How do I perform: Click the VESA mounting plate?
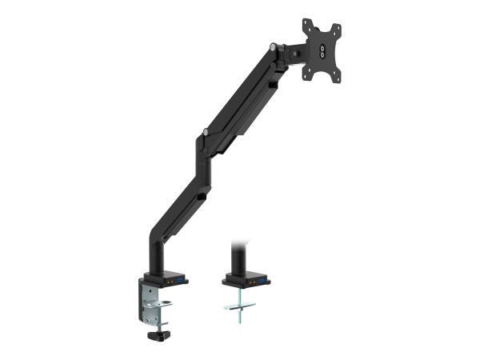(322, 50)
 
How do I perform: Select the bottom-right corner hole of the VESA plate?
(336, 77)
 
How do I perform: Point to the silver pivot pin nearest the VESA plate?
(274, 48)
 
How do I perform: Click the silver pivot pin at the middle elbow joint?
(206, 132)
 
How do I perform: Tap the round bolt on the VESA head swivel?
(297, 54)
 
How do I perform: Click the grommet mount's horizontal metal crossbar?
(238, 306)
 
